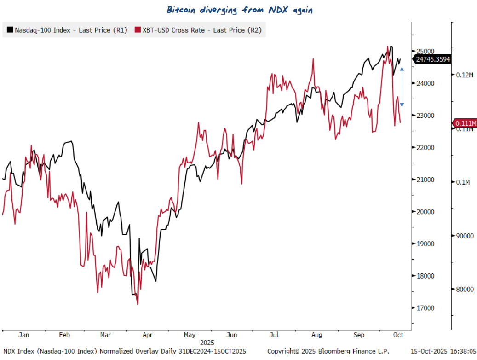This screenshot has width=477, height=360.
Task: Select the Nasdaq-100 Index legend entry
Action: coord(67,30)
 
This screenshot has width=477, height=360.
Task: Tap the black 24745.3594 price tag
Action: coord(432,59)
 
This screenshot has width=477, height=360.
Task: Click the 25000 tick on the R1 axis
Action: coord(425,51)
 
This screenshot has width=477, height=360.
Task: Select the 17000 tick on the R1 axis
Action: coord(425,308)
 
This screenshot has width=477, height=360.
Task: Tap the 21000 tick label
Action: coord(425,180)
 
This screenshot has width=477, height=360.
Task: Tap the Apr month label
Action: coord(147,335)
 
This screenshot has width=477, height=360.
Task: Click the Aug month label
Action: coord(317,335)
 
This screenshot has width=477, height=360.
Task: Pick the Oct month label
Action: coord(398,335)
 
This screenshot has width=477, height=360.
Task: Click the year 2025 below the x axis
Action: coord(207,343)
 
